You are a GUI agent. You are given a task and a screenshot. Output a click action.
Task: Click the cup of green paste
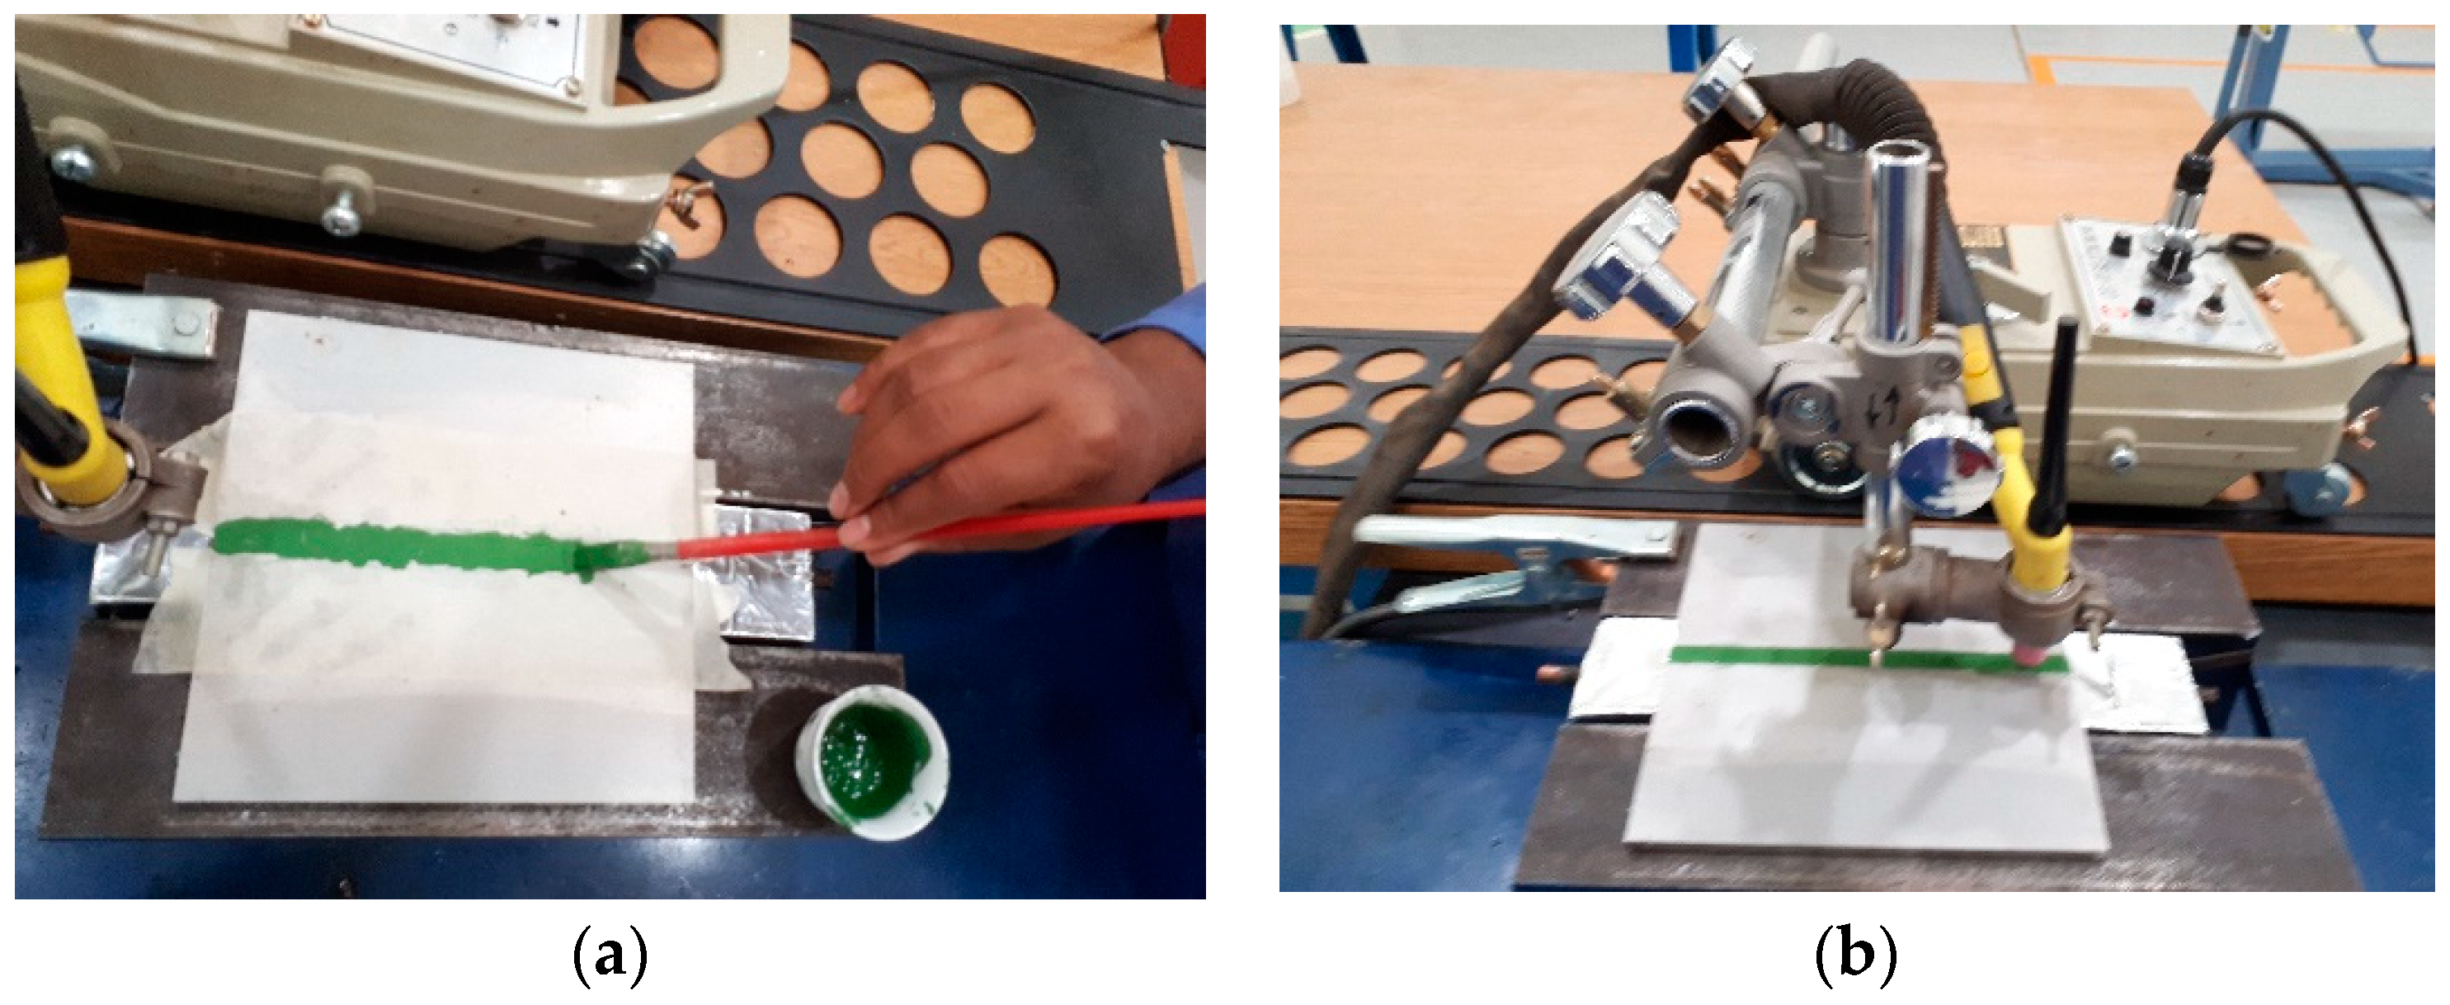871,764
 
